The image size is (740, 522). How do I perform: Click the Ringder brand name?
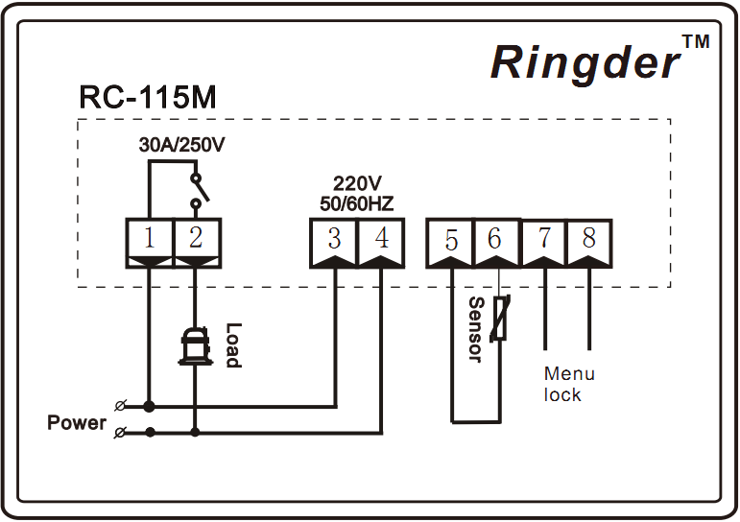pos(585,63)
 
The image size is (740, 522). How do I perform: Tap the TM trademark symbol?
pos(696,41)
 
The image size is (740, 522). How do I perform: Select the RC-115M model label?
pos(148,97)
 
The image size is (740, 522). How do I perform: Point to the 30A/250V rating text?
pos(181,145)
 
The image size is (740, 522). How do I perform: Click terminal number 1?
pos(149,237)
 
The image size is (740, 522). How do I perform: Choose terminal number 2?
pos(196,237)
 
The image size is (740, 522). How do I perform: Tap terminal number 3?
pos(334,238)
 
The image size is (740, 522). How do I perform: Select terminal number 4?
pos(382,237)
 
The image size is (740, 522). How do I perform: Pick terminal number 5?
pos(451,240)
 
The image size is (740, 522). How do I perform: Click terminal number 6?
pos(494,238)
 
